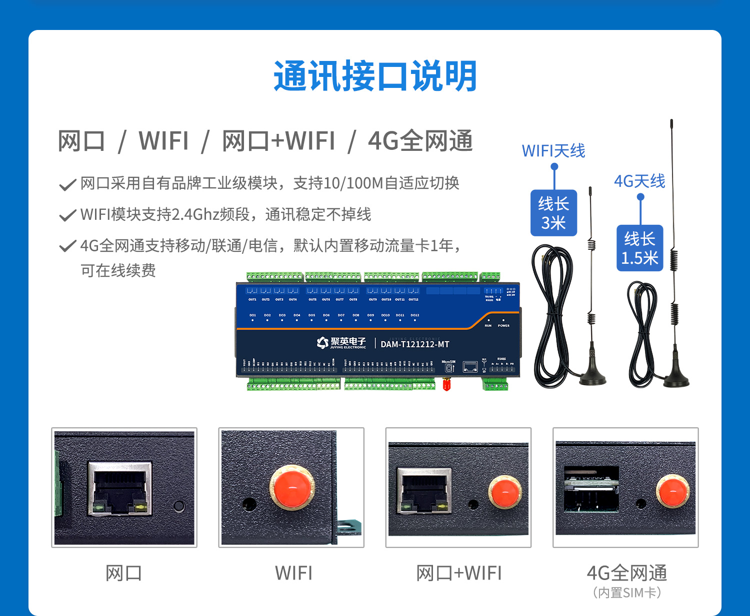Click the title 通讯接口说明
click(x=375, y=76)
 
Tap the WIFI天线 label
click(x=553, y=150)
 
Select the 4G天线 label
click(x=639, y=181)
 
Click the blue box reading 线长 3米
click(x=553, y=213)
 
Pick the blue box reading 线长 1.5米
click(x=639, y=248)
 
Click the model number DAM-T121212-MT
click(x=414, y=344)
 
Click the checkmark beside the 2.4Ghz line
click(x=67, y=215)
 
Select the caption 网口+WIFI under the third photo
click(x=458, y=573)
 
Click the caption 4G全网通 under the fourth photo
click(x=626, y=573)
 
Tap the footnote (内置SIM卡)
click(x=626, y=593)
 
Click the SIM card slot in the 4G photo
click(x=591, y=490)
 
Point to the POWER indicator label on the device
click(x=503, y=326)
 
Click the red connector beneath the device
click(x=446, y=384)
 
